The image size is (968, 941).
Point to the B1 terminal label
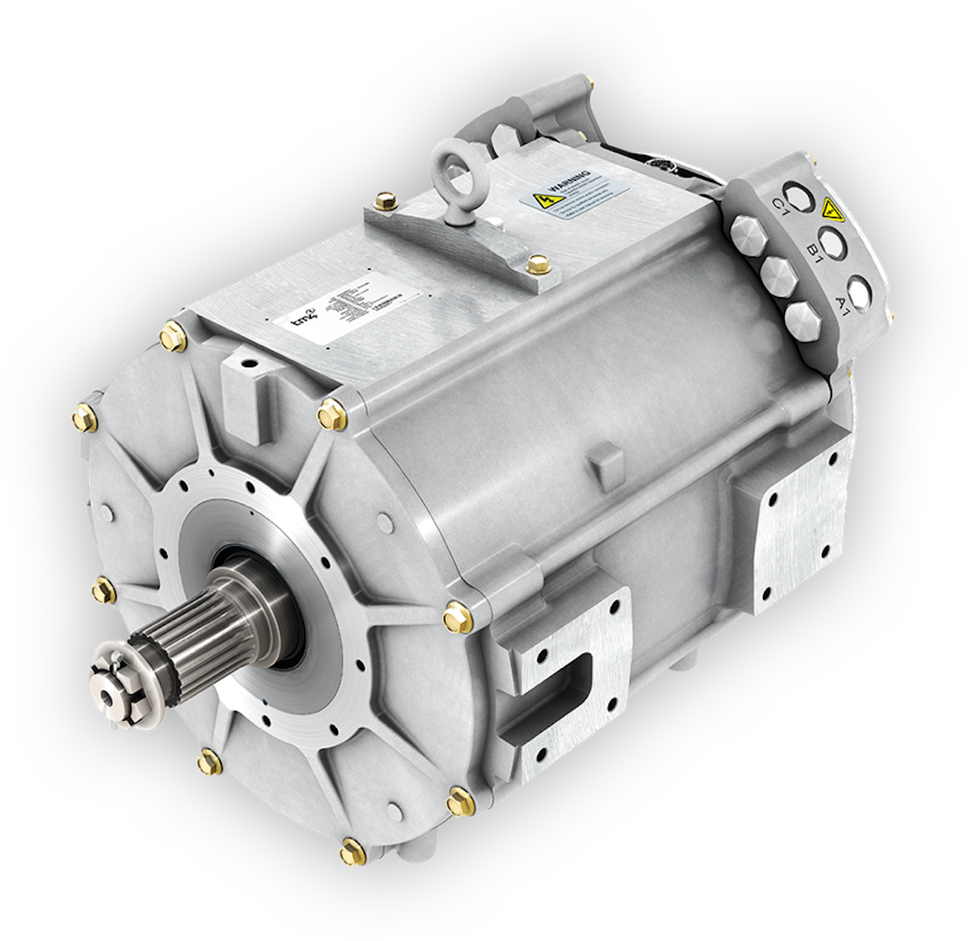[x=814, y=254]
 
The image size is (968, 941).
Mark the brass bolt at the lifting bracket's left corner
[x=385, y=199]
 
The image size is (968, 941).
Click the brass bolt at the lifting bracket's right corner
[x=533, y=262]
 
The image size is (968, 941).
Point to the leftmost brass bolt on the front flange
[x=83, y=417]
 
